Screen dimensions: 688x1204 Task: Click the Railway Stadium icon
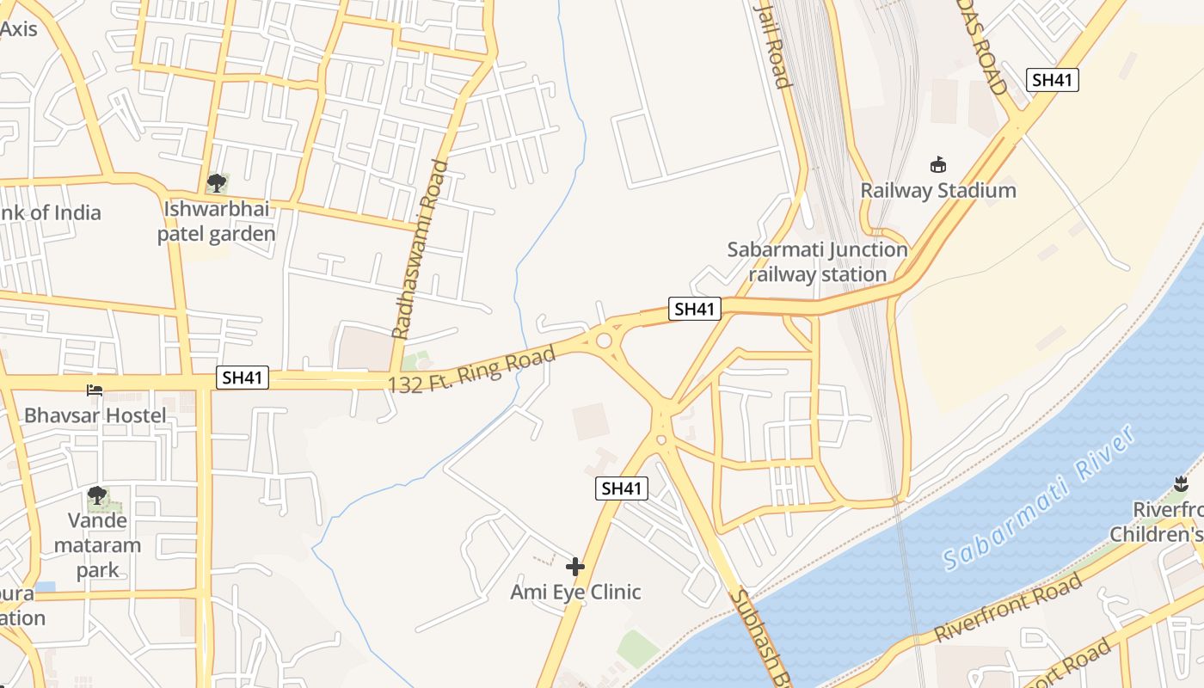[938, 164]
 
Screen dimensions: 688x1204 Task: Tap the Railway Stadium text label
[938, 190]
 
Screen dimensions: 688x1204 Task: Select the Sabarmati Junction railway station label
[817, 262]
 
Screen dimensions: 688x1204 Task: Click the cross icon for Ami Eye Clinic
[575, 567]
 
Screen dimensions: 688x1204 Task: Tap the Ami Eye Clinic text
[575, 592]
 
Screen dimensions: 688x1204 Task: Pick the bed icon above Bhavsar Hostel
[95, 390]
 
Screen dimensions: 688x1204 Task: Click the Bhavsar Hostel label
[95, 415]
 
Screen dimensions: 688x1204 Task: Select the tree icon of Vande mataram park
[97, 495]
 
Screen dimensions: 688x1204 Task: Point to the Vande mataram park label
[97, 545]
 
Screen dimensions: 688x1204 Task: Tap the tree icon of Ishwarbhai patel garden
[216, 182]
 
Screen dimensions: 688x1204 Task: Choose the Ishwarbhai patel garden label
[216, 222]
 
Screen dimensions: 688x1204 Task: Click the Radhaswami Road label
[421, 249]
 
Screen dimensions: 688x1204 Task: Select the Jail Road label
[771, 45]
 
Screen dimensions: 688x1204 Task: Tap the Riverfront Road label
[1007, 608]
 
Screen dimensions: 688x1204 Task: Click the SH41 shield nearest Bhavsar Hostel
[242, 378]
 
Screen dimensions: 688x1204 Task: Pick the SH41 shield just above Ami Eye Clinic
[622, 488]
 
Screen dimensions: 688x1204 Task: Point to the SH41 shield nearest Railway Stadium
[1053, 80]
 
